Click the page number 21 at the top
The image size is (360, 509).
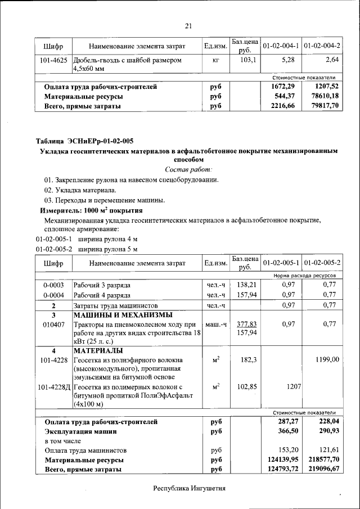188,25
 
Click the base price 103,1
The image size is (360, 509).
248,60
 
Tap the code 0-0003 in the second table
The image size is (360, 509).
53,285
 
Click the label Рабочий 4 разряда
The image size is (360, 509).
102,295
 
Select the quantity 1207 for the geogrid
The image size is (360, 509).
293,387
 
